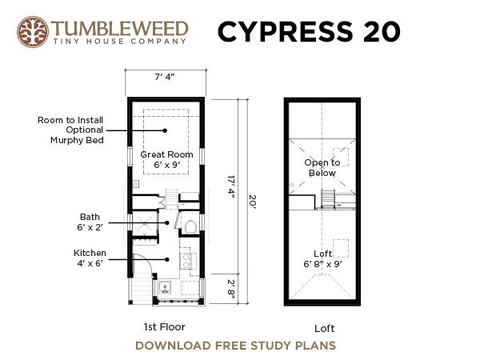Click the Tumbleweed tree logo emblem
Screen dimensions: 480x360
pyautogui.click(x=33, y=32)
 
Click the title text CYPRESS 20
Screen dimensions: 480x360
pyautogui.click(x=309, y=31)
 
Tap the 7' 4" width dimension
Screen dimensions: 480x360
pyautogui.click(x=164, y=77)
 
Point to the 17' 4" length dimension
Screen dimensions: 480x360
pyautogui.click(x=231, y=186)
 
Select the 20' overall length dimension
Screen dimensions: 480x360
pyautogui.click(x=252, y=202)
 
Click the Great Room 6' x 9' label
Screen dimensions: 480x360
pyautogui.click(x=167, y=159)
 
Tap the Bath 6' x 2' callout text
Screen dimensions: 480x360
pyautogui.click(x=90, y=222)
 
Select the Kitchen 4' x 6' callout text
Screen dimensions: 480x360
pyautogui.click(x=90, y=258)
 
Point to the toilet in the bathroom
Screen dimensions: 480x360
pyautogui.click(x=190, y=227)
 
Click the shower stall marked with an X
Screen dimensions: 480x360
pyautogui.click(x=145, y=223)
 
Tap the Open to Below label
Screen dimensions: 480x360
pyautogui.click(x=322, y=168)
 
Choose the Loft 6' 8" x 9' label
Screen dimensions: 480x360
pyautogui.click(x=322, y=258)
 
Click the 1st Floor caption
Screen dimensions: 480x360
pyautogui.click(x=164, y=327)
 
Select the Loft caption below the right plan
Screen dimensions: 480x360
pyautogui.click(x=325, y=329)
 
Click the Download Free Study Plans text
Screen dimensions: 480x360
pyautogui.click(x=235, y=346)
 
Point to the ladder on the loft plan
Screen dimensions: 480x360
pyautogui.click(x=327, y=198)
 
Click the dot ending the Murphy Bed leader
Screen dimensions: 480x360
pyautogui.click(x=165, y=130)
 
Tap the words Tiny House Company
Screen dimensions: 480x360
pyautogui.click(x=120, y=42)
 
